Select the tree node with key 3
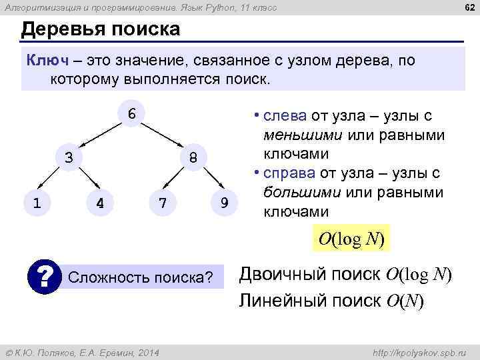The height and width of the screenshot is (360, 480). tap(69, 158)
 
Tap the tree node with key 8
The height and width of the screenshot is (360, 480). tap(192, 158)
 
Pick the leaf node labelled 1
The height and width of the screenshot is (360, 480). tap(37, 202)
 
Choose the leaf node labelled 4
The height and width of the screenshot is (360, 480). tap(100, 202)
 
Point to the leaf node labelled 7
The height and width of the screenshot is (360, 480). tap(161, 202)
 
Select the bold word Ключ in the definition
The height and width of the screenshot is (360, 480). tap(47, 61)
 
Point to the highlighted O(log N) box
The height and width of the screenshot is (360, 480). tap(351, 239)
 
